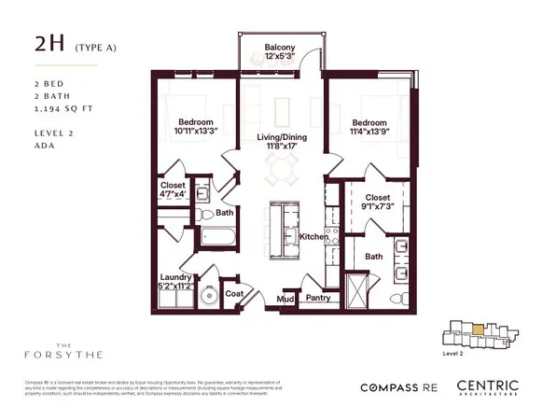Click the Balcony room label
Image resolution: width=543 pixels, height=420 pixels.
click(280, 47)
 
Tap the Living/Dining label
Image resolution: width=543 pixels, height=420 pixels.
click(281, 138)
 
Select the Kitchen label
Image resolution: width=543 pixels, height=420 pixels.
click(313, 237)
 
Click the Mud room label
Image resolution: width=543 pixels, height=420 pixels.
click(286, 299)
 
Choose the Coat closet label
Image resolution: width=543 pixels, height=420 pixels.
click(234, 292)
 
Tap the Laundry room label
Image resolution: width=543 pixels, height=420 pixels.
click(175, 277)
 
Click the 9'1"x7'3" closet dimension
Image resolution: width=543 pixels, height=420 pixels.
click(377, 204)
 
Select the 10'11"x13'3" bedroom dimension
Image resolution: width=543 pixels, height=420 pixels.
click(197, 132)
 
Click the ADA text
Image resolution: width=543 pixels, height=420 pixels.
click(43, 146)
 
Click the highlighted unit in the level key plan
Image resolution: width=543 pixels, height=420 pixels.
click(478, 329)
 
